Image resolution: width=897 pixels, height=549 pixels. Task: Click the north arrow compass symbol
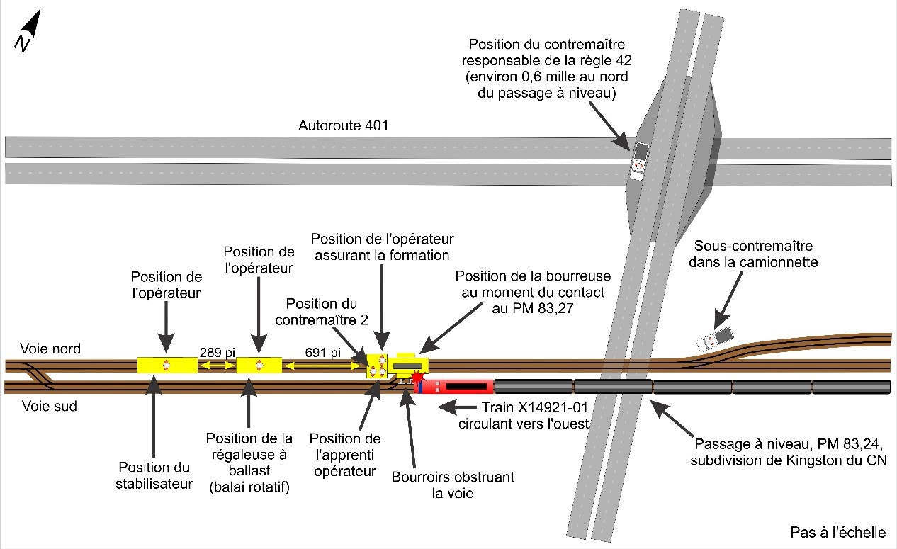pos(28,31)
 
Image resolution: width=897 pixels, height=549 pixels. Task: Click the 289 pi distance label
pos(217,351)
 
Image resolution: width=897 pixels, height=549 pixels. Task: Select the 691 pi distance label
pos(322,351)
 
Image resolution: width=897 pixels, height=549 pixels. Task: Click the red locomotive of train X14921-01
pos(454,387)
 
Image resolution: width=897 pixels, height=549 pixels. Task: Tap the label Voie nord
pos(50,349)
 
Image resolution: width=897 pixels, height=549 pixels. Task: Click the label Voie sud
pos(49,407)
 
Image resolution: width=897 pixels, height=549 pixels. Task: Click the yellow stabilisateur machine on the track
pos(167,366)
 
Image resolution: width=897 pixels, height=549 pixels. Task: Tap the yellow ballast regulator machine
pos(259,366)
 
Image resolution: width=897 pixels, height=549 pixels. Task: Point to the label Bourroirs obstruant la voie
pos(443,485)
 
